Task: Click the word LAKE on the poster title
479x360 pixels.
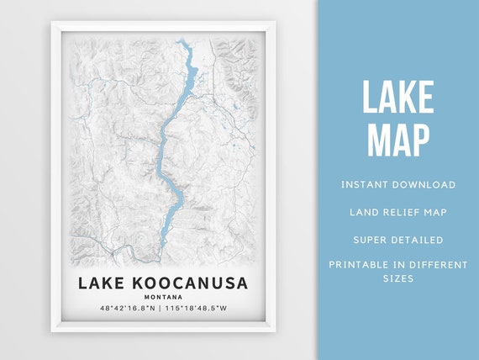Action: click(98, 283)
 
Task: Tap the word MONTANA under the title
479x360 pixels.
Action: click(162, 297)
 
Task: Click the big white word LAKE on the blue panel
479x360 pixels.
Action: click(397, 99)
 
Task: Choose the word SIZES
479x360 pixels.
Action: click(398, 278)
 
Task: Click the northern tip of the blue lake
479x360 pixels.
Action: click(180, 40)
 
